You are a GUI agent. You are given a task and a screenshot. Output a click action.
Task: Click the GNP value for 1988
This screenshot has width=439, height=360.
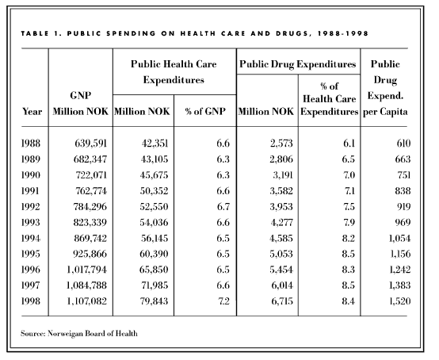[90, 144]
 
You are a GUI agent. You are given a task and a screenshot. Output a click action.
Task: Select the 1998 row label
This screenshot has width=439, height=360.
[31, 301]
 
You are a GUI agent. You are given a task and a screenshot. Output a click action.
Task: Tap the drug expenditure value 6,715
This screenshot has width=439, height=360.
[282, 301]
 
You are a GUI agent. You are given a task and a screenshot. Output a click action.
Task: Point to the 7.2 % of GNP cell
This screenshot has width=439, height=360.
[223, 301]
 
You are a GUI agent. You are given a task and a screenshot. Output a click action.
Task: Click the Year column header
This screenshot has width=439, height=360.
[32, 112]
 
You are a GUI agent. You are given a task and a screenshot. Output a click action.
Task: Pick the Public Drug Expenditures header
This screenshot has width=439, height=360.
[298, 64]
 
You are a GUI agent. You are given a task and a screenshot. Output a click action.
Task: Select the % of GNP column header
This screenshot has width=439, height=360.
[205, 112]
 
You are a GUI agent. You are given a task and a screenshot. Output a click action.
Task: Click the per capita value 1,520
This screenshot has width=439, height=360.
[400, 301]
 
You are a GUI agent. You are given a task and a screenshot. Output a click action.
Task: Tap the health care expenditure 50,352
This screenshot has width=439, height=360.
[154, 191]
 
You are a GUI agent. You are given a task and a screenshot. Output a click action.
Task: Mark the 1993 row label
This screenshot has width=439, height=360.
[31, 223]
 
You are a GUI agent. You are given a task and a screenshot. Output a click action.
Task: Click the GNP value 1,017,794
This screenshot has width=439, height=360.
[87, 270]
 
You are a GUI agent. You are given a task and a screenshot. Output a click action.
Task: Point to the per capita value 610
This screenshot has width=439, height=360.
[403, 144]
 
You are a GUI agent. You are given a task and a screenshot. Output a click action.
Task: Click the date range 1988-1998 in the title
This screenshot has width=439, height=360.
[343, 33]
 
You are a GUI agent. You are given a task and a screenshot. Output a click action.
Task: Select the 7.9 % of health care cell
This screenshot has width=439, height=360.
[349, 223]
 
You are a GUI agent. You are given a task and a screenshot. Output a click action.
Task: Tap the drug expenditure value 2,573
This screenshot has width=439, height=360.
[281, 144]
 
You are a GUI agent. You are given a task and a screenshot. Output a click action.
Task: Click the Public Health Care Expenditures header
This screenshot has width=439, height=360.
[174, 72]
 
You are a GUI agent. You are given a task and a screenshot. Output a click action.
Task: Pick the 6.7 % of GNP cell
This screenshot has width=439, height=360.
[223, 207]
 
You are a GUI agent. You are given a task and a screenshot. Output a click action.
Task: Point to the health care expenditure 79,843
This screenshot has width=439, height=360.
[154, 301]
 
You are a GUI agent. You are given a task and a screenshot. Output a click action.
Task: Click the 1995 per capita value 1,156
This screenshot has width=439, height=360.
[400, 254]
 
